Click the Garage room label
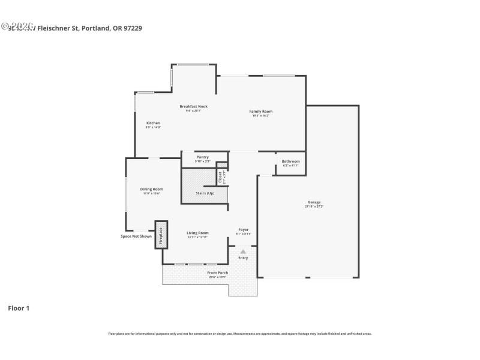click(x=314, y=202)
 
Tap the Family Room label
click(x=261, y=112)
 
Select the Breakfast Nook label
click(x=193, y=107)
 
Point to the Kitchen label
click(x=153, y=123)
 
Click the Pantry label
click(x=202, y=157)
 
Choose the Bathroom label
click(x=290, y=161)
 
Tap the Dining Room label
click(x=152, y=189)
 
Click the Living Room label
click(x=197, y=233)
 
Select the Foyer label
click(x=244, y=229)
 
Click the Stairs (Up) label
click(x=205, y=193)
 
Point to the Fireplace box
click(x=161, y=235)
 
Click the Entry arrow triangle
click(x=243, y=252)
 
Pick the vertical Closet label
click(x=220, y=177)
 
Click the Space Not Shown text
click(x=136, y=236)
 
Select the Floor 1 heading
click(x=19, y=308)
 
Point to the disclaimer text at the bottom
click(x=239, y=334)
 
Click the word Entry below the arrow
click(x=243, y=258)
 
